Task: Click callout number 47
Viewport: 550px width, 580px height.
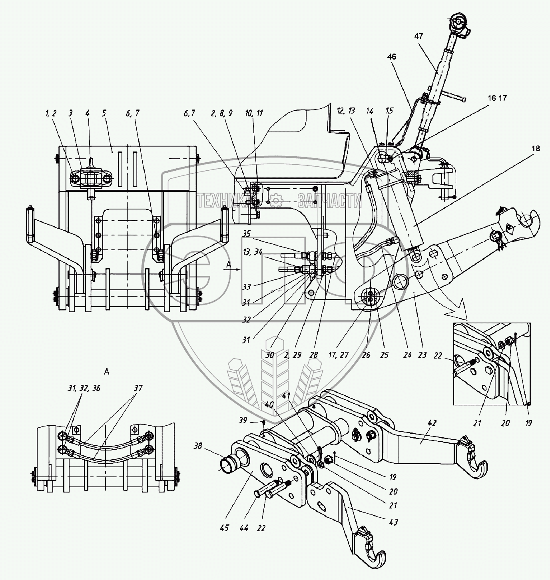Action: pos(418,36)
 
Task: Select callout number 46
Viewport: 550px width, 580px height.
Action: pos(391,57)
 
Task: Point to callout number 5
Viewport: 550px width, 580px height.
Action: pos(104,114)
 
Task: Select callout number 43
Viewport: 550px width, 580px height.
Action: pos(393,522)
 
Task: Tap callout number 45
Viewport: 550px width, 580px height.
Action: pos(224,528)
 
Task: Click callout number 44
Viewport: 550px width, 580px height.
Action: pos(244,528)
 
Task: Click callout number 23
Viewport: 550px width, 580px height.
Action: pos(422,355)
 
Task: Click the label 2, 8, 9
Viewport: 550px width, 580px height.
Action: pos(225,114)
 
